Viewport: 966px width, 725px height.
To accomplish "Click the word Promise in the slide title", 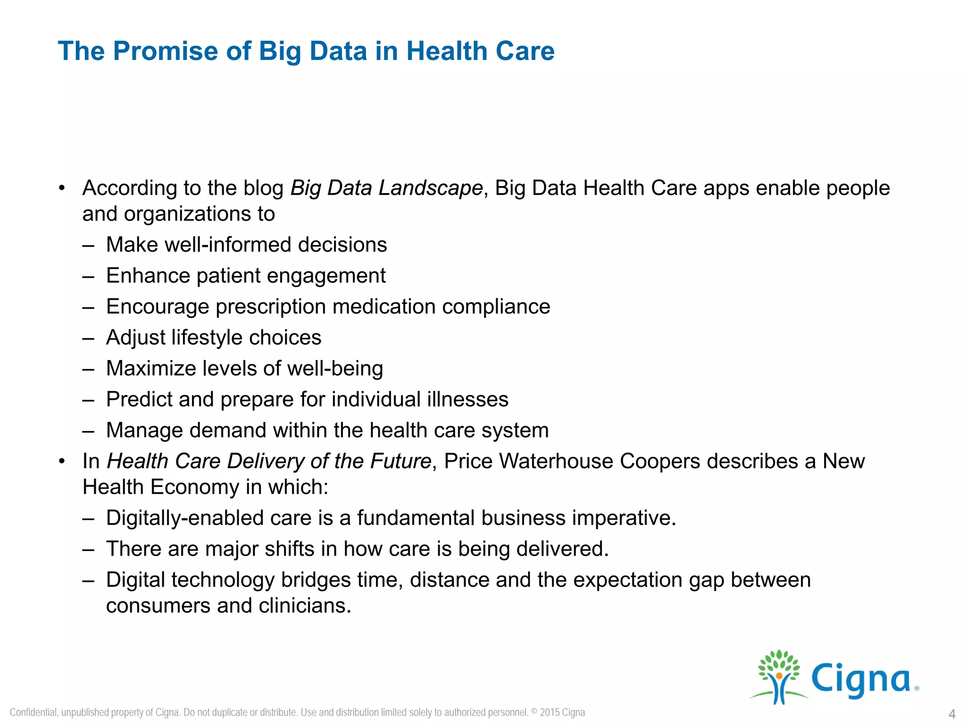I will [x=166, y=51].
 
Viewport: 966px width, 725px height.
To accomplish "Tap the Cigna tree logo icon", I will [x=779, y=676].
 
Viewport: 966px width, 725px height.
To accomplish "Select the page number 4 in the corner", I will [x=952, y=714].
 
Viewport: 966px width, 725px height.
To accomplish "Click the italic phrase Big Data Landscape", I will [x=386, y=188].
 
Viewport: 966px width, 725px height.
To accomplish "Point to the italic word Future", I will [x=400, y=461].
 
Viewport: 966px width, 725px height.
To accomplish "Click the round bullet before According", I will [x=62, y=188].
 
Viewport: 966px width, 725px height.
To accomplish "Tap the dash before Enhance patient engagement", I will [x=88, y=276].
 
